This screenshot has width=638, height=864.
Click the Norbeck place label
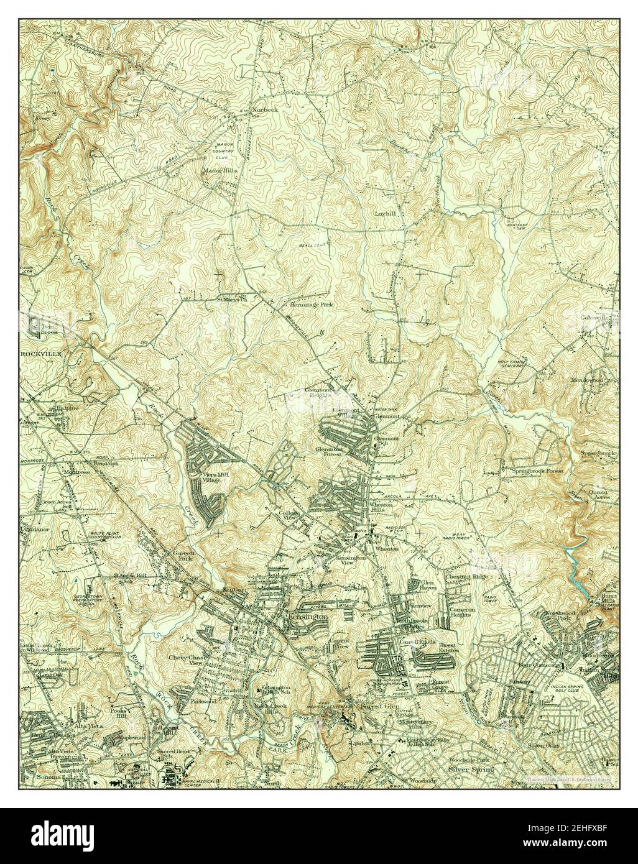(x=265, y=110)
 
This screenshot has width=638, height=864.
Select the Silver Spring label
(x=471, y=770)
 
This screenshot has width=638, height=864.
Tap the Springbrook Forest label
(x=537, y=472)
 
